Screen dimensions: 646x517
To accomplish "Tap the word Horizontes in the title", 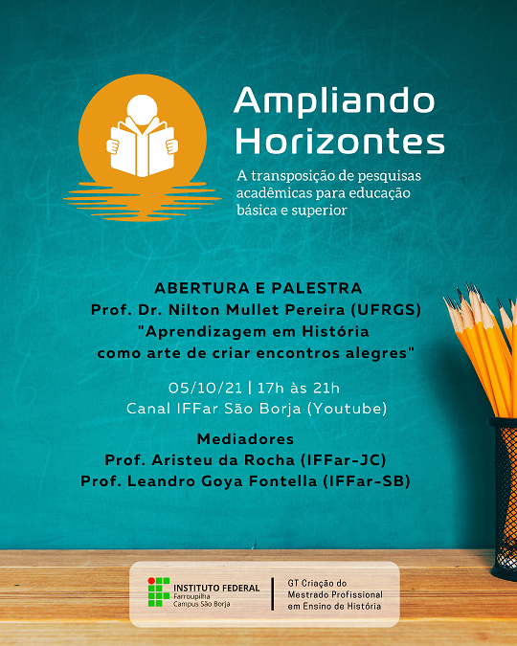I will [x=340, y=142].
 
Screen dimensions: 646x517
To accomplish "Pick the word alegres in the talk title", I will [x=382, y=353].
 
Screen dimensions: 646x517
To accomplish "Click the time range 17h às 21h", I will [x=299, y=388].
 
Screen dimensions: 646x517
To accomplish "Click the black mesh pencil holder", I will [x=504, y=498].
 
